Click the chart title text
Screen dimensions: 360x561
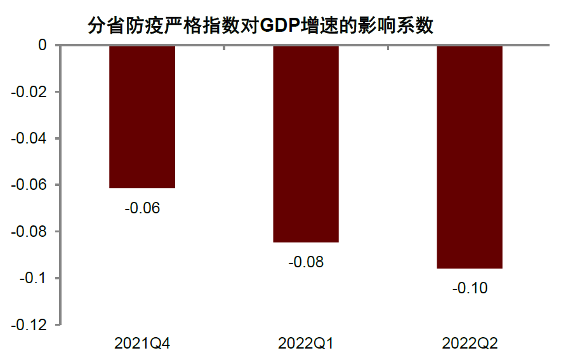[260, 26]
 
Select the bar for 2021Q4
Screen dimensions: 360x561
[142, 117]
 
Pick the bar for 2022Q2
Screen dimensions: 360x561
[470, 157]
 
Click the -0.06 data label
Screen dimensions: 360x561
[142, 208]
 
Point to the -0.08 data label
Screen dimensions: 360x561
[306, 262]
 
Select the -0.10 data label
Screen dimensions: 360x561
[470, 288]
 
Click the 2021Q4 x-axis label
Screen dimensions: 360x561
[142, 343]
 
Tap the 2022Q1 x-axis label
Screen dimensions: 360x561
[306, 343]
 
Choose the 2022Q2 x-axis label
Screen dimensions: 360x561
[470, 343]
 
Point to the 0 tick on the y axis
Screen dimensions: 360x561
[43, 45]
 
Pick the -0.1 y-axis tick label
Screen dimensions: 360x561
[34, 278]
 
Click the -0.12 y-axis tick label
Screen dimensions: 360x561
[30, 324]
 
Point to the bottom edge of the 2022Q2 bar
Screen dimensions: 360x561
[470, 268]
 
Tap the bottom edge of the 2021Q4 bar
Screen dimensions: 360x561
[142, 187]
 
